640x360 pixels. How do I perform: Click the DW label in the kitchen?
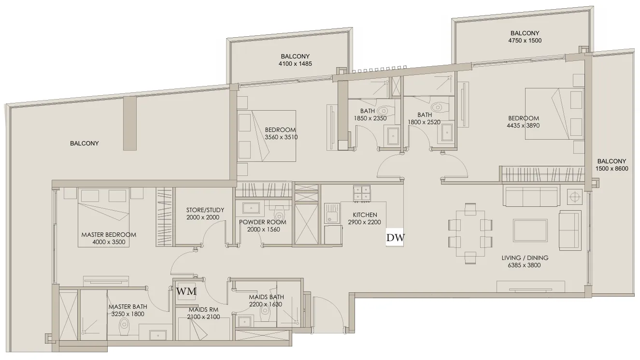[x=396, y=237]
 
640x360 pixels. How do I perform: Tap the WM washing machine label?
[x=186, y=291]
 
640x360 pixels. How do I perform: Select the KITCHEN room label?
[x=365, y=215]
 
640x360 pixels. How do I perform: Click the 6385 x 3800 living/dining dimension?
[x=524, y=265]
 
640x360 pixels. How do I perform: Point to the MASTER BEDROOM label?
[x=109, y=235]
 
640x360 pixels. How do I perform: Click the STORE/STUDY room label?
[x=205, y=210]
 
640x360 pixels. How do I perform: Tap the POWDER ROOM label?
[x=263, y=222]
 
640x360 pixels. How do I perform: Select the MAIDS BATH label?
[x=266, y=297]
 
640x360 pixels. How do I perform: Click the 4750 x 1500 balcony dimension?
[x=525, y=40]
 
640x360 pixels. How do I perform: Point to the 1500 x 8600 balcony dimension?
[x=612, y=169]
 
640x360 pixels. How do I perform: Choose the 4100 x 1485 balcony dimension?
[x=295, y=63]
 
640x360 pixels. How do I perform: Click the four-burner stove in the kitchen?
[x=362, y=193]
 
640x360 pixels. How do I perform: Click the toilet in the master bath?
[x=124, y=324]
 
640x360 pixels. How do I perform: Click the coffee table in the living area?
[x=530, y=229]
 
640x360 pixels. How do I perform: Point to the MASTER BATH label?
[x=128, y=306]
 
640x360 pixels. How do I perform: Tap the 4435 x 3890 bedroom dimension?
[x=523, y=125]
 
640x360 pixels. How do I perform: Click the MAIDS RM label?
[x=203, y=310]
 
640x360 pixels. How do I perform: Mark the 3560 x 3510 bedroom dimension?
[x=281, y=137]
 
